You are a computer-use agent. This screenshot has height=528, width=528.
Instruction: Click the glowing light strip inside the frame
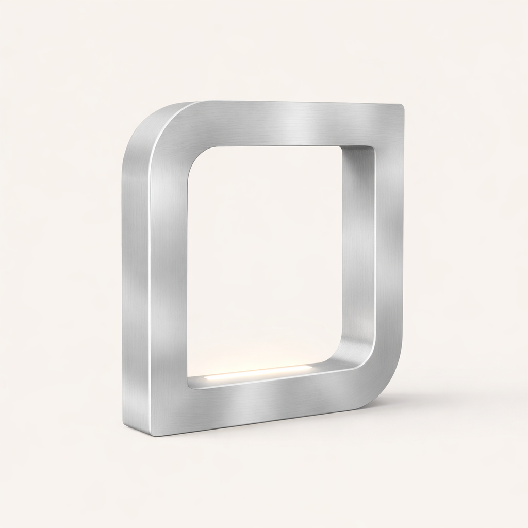[258, 372]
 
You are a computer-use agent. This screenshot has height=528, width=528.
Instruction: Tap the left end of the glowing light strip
[206, 378]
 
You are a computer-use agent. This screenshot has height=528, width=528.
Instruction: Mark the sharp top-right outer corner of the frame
[402, 106]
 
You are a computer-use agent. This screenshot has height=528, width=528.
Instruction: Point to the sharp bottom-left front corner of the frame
[154, 435]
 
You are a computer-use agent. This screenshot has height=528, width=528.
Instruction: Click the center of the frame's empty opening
[266, 258]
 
